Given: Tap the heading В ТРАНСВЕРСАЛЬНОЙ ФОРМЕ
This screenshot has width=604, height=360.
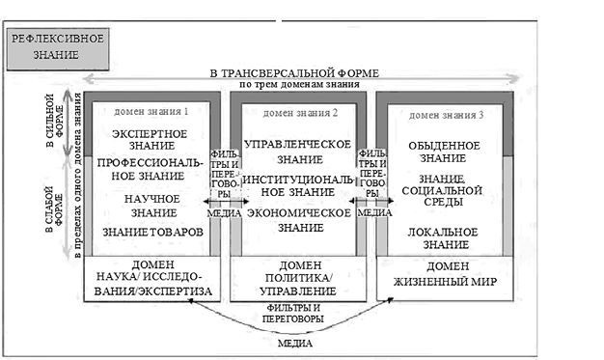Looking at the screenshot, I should (x=293, y=72).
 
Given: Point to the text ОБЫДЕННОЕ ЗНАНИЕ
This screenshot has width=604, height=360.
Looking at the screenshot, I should (x=444, y=152).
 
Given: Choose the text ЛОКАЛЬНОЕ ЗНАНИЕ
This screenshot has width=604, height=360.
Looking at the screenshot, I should (x=443, y=238).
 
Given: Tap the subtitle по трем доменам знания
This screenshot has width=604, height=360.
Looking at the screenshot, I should (x=294, y=84).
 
